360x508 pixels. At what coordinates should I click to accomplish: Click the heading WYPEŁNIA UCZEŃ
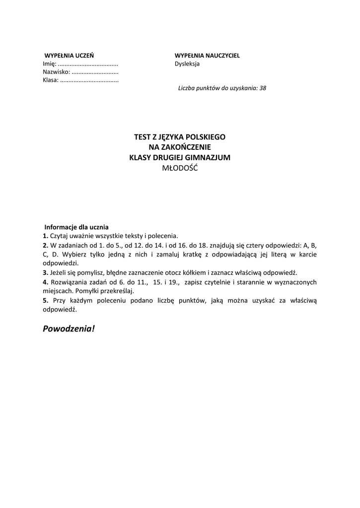pos(69,56)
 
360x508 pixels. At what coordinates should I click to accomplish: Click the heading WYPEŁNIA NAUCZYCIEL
pos(207,56)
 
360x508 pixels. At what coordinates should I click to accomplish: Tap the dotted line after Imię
pos(88,64)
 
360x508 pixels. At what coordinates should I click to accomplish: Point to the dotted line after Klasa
pos(89,80)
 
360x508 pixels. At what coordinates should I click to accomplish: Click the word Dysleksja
pos(187,64)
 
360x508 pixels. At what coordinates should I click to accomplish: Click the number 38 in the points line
pos(263,88)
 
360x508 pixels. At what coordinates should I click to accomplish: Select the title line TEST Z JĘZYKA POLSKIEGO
pos(180,136)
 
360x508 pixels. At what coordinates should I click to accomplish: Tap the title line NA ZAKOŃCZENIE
pos(180,147)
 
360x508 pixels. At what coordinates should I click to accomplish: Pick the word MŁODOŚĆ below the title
pos(180,168)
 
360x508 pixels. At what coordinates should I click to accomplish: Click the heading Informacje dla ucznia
pos(76,227)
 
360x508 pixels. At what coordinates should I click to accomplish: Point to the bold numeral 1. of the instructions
pos(45,236)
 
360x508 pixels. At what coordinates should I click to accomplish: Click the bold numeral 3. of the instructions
pos(45,273)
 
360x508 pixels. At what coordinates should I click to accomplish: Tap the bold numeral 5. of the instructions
pos(45,301)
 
